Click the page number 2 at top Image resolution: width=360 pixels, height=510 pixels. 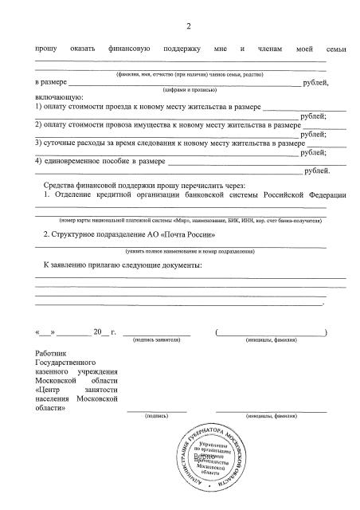pos(188,28)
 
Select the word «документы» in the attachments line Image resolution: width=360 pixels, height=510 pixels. pos(178,264)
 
